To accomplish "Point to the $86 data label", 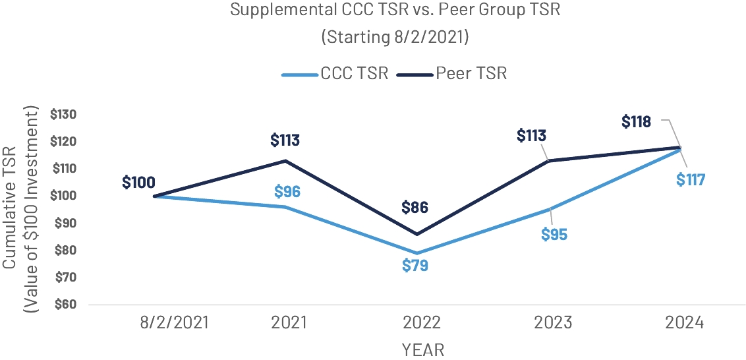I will click(415, 208).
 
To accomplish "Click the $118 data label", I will click(636, 121).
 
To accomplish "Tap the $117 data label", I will click(690, 179).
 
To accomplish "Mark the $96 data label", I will click(287, 192).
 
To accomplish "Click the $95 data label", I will click(554, 234).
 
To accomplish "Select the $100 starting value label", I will click(138, 182).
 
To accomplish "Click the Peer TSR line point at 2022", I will click(416, 234).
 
